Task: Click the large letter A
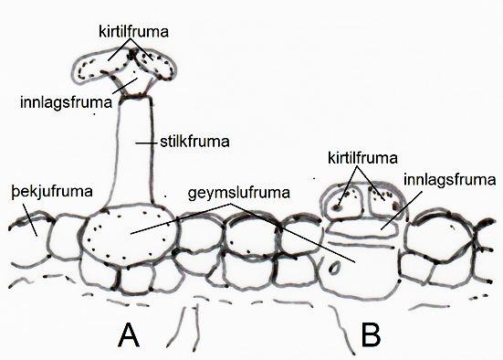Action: click(x=129, y=335)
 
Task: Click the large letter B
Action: click(x=372, y=335)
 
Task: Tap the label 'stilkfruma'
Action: click(x=194, y=142)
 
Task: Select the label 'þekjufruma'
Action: click(x=52, y=192)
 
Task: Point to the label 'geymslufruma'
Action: click(x=239, y=194)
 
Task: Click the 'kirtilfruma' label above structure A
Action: click(x=133, y=32)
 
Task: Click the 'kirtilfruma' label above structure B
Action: click(x=362, y=158)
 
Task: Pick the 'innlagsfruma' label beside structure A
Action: click(x=66, y=102)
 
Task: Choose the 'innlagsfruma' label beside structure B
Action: click(x=450, y=180)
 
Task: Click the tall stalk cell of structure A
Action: click(x=134, y=151)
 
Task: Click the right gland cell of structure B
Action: click(x=384, y=202)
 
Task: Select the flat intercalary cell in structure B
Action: click(x=362, y=228)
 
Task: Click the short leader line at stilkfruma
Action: click(x=147, y=143)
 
